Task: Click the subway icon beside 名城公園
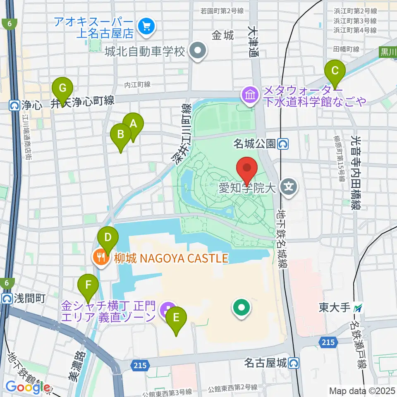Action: [x=284, y=144]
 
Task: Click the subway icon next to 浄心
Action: [x=15, y=105]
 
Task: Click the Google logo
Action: [x=28, y=387]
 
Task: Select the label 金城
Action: [x=223, y=36]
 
